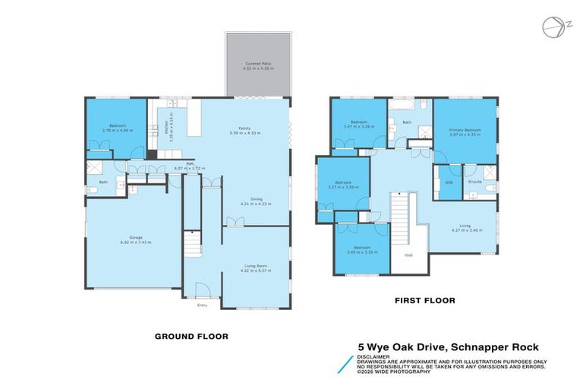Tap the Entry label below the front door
pos(202,305)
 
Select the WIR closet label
pos(449,182)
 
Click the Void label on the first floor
pos(408,255)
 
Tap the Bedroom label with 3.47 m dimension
pos(358,123)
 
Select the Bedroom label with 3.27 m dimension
pos(344,184)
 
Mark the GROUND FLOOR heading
pos(191,336)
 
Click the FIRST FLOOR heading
pos(424,301)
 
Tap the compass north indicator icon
pos(552,27)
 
